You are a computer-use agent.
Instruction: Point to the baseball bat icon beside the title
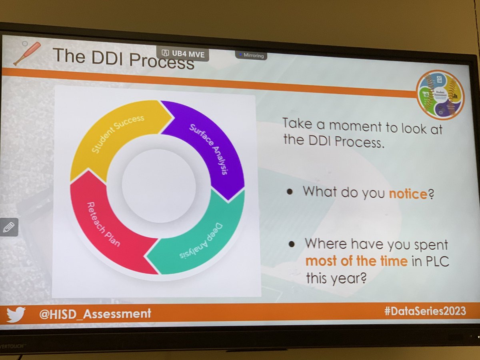coord(27,52)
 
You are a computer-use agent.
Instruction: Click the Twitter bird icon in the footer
coord(16,314)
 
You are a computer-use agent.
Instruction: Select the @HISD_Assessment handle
coord(95,314)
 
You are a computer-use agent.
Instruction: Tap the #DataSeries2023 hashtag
coord(425,311)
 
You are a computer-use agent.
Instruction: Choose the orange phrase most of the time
coord(356,262)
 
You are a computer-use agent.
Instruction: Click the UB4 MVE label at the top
coord(184,54)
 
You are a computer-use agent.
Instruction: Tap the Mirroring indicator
coord(252,56)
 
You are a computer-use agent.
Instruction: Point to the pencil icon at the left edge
coord(8,227)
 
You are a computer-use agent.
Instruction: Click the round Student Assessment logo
coord(440,94)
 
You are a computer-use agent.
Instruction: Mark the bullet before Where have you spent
coord(292,243)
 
